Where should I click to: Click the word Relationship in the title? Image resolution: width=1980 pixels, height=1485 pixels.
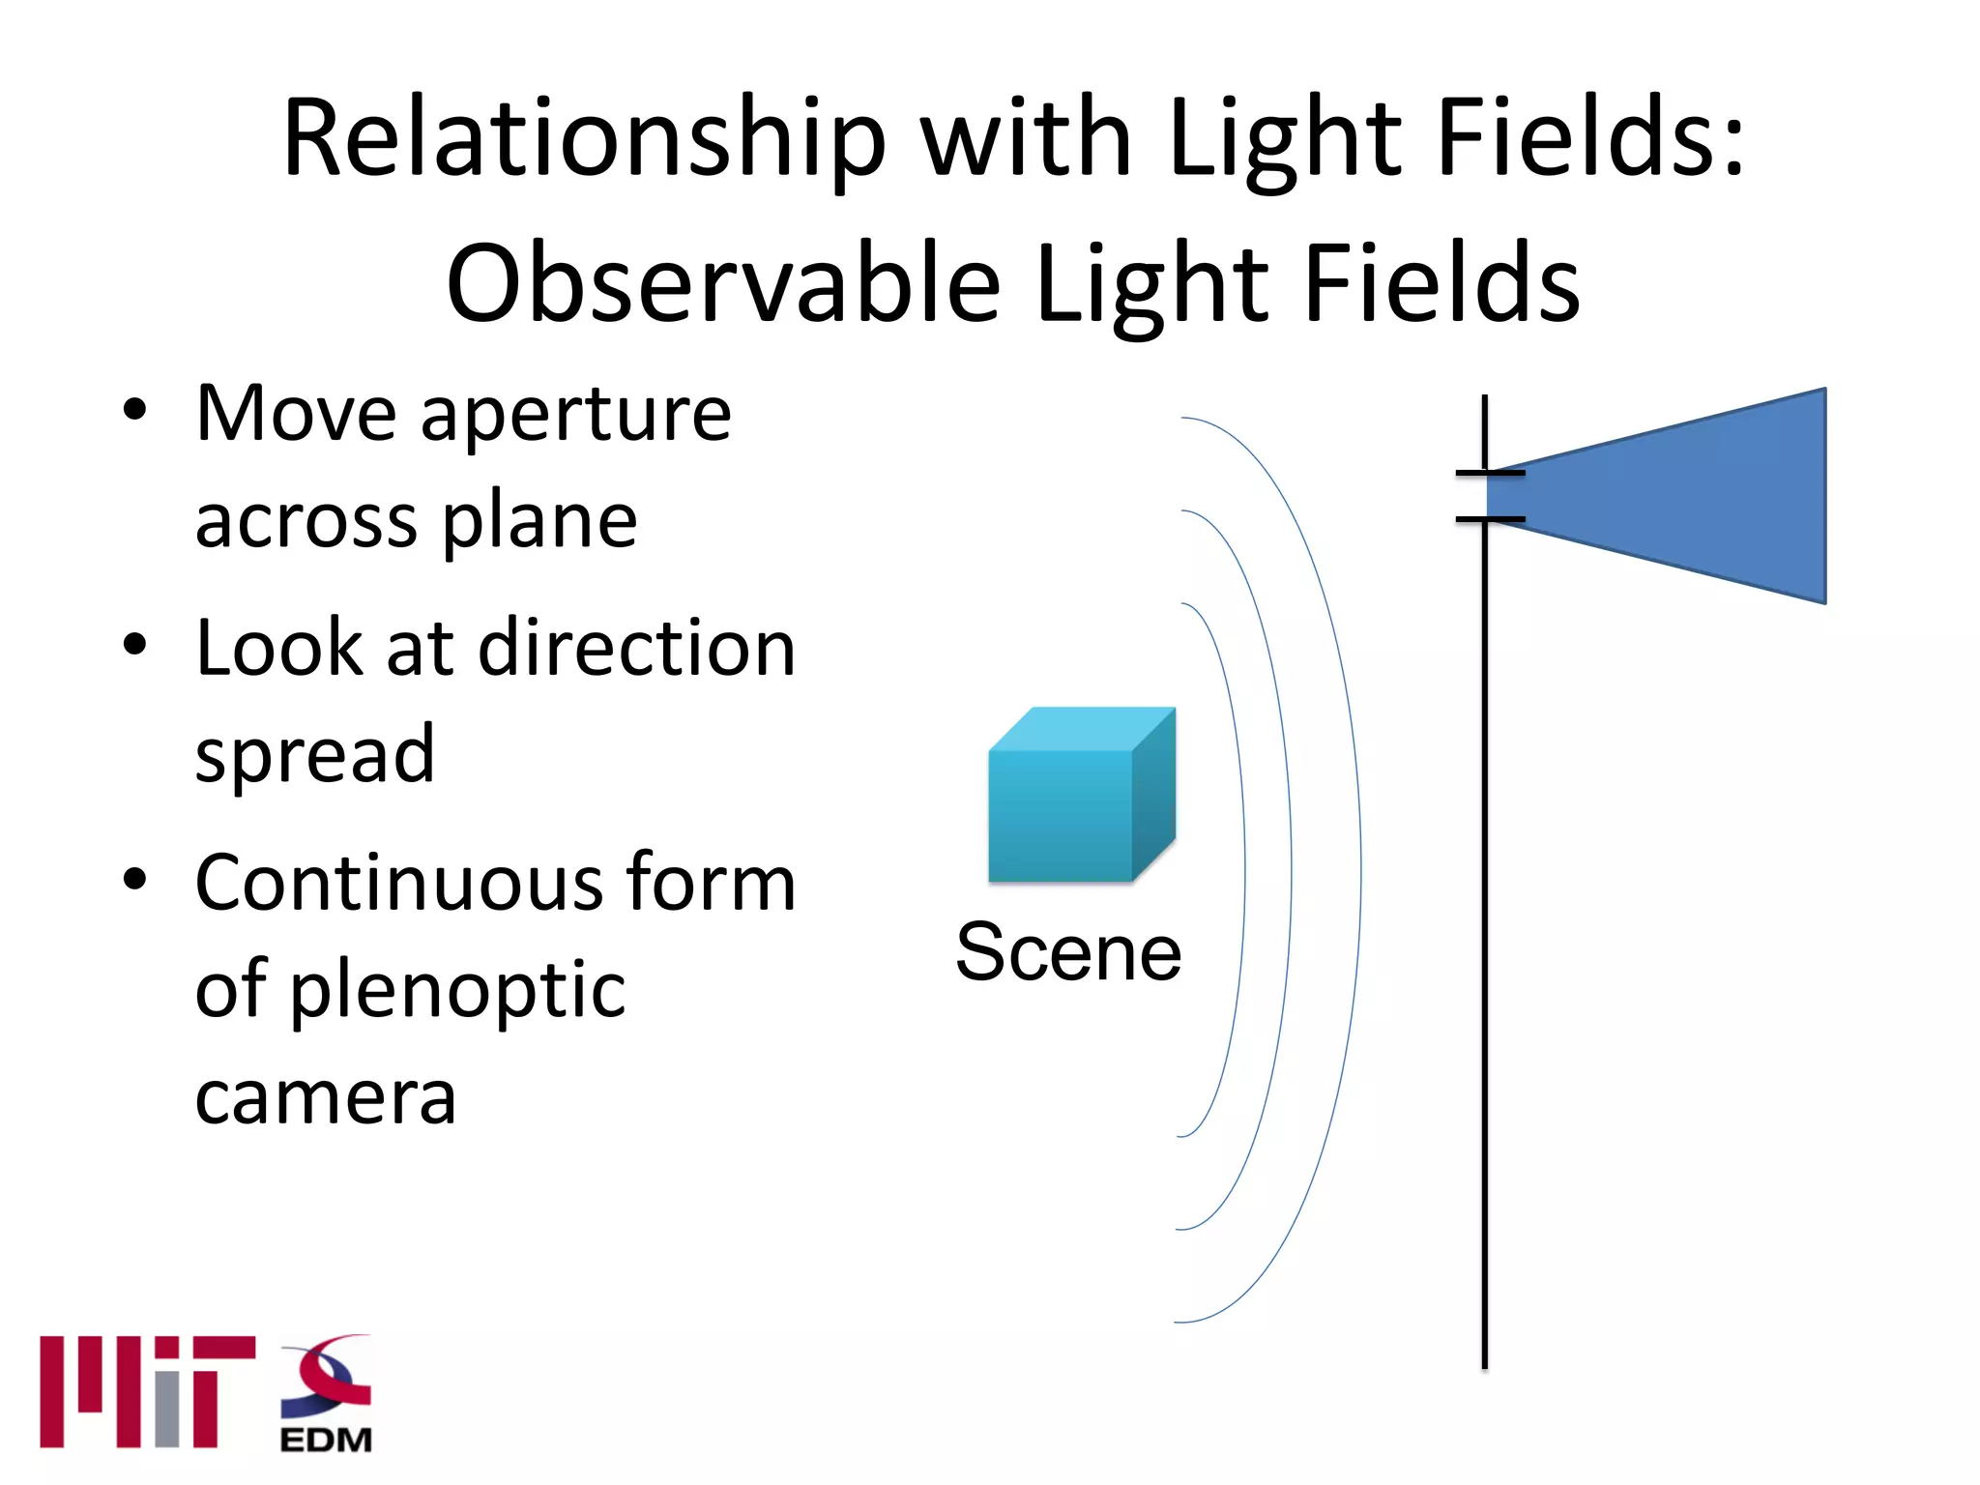tap(584, 140)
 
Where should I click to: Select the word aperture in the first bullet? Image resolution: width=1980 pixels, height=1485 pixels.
tap(576, 416)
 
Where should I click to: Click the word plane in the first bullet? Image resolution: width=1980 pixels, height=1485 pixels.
tap(540, 523)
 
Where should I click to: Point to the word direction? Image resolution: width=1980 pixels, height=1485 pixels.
tap(637, 648)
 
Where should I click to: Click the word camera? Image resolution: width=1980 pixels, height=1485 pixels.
tap(325, 1098)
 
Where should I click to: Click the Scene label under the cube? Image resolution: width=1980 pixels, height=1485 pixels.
tap(1068, 953)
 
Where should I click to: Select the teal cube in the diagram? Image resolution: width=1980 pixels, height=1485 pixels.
tap(1078, 798)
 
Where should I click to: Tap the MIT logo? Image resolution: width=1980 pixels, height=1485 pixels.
tap(147, 1392)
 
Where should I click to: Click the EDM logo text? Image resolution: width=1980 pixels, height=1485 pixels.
tap(326, 1440)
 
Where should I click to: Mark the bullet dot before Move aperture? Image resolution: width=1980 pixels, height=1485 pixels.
tap(135, 410)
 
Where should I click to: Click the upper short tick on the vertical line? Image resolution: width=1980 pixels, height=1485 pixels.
tap(1490, 473)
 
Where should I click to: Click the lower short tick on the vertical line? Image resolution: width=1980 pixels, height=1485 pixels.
tap(1490, 519)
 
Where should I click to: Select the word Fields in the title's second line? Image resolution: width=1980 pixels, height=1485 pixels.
tap(1441, 285)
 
